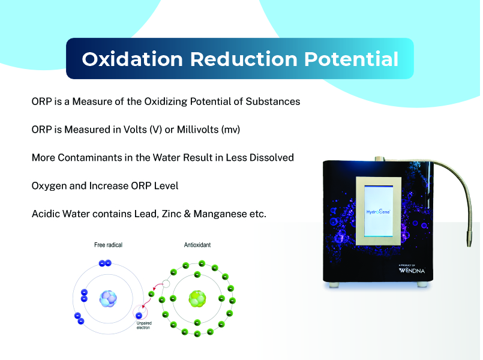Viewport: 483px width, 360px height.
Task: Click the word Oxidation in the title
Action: point(133,59)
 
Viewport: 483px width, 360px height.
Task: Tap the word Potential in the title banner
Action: point(352,59)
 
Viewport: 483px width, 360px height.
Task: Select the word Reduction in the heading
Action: point(244,59)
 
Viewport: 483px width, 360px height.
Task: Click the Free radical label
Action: point(108,245)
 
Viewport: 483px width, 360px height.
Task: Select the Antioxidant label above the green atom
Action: point(197,245)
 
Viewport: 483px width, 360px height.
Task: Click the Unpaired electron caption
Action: point(144,325)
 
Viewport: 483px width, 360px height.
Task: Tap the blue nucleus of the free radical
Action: point(108,299)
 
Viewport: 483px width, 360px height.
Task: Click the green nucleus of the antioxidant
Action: point(197,299)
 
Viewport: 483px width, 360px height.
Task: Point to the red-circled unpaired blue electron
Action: point(139,316)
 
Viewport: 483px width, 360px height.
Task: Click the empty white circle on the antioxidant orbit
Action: point(166,284)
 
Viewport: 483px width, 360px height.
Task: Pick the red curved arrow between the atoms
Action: point(157,287)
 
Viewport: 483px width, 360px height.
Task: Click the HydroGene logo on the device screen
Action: point(378,212)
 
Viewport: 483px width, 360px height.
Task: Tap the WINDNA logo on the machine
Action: point(412,271)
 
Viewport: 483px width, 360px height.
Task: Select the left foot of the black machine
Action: point(334,285)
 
